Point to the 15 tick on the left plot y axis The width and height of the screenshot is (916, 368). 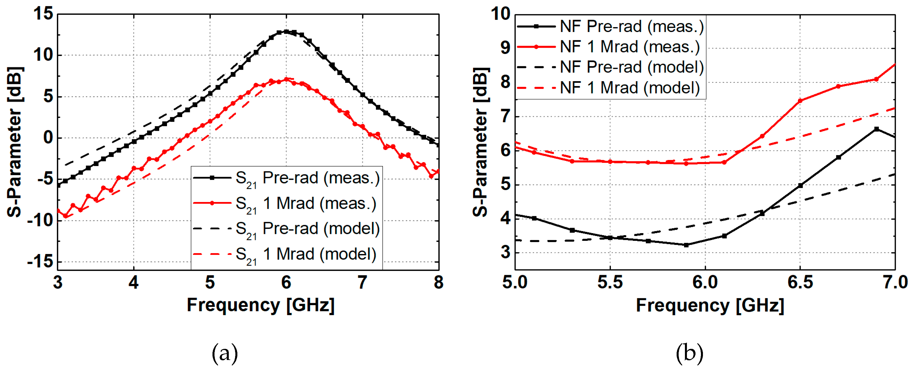tap(43, 14)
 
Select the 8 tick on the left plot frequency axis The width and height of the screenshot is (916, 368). tap(438, 282)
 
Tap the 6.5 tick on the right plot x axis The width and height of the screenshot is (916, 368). tap(800, 282)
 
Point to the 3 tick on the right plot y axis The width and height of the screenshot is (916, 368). tap(505, 253)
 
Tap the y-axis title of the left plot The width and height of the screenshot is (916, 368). tap(15, 142)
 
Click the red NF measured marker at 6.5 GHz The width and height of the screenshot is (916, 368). tap(800, 101)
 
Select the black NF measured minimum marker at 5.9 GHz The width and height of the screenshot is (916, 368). tap(686, 245)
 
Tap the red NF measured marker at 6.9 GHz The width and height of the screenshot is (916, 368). tap(877, 79)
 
